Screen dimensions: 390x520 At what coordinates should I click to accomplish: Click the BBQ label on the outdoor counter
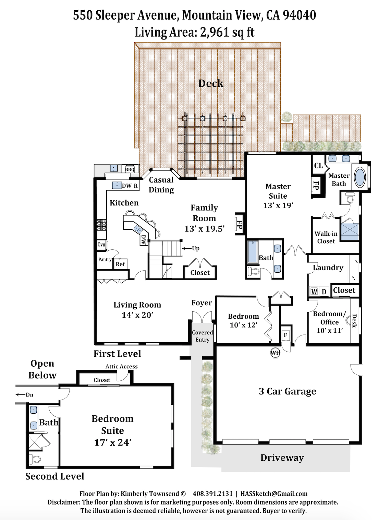(130, 169)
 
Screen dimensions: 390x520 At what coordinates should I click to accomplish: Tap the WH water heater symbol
(275, 353)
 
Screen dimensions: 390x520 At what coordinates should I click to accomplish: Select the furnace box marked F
(285, 335)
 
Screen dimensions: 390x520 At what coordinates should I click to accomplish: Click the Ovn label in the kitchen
(101, 245)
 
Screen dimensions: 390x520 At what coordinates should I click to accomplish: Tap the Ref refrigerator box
(120, 264)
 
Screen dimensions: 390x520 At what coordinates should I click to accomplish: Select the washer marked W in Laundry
(314, 292)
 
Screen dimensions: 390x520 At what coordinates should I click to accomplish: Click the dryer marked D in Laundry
(324, 292)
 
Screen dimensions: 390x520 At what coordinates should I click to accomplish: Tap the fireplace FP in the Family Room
(239, 224)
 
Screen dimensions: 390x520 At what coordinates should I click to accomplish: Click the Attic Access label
(121, 366)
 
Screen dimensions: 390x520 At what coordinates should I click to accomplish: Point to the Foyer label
(202, 303)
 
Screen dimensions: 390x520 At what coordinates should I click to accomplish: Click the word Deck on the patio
(211, 83)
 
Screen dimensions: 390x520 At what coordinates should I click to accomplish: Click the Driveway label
(282, 458)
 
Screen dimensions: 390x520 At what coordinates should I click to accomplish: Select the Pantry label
(105, 259)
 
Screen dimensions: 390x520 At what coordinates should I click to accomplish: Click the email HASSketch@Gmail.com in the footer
(274, 494)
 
